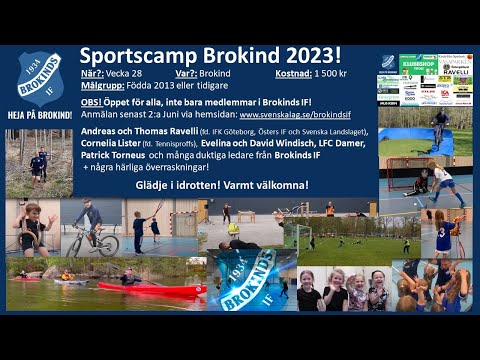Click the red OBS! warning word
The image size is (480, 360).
tap(92, 102)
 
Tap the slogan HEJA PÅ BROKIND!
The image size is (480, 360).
tap(39, 114)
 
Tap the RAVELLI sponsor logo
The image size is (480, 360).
tap(455, 72)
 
